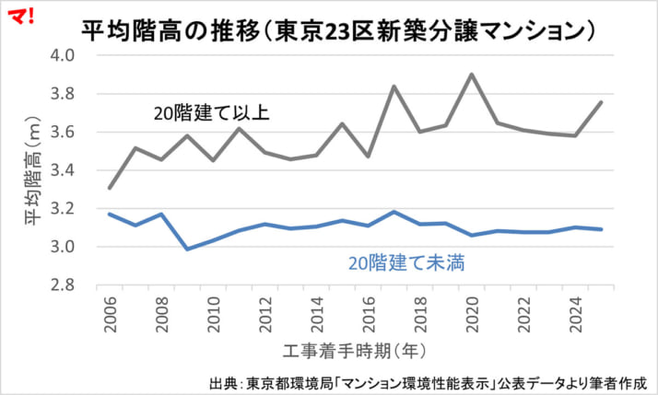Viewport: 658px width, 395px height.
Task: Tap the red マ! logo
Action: [x=19, y=14]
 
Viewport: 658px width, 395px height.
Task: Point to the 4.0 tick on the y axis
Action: [x=75, y=55]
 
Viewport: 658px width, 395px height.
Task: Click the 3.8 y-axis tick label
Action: [x=75, y=94]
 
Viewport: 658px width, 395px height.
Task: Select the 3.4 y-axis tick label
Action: [x=75, y=170]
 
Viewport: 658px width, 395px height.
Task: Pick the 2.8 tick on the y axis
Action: [x=75, y=285]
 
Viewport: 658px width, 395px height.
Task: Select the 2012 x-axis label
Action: [x=266, y=313]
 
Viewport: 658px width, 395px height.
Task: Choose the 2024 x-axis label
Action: [x=576, y=313]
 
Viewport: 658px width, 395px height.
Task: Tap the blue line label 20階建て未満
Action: [x=406, y=262]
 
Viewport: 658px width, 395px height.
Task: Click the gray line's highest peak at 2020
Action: [x=473, y=75]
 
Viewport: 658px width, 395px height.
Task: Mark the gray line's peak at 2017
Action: [x=394, y=87]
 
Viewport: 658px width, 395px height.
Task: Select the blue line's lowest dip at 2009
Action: [x=188, y=249]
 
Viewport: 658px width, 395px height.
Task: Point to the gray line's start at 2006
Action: [x=111, y=188]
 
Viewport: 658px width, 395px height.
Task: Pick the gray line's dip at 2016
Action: [x=369, y=157]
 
